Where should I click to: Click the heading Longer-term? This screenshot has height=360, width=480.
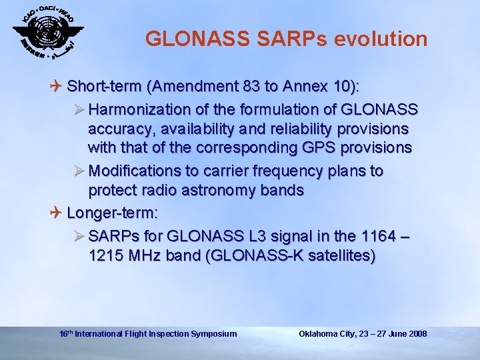pos(113,213)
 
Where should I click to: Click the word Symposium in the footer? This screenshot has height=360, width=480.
pos(213,333)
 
